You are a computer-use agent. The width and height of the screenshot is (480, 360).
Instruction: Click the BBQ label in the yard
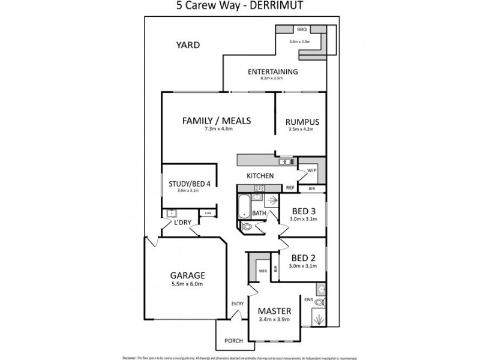(302, 29)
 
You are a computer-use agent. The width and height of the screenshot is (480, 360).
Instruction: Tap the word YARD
(187, 45)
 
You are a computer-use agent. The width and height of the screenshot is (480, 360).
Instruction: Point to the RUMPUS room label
(302, 123)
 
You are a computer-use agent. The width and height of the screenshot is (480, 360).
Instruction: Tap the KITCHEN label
(260, 176)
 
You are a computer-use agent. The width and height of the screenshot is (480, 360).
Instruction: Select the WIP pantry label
(311, 170)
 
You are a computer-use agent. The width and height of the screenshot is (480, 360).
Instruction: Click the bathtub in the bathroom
(245, 207)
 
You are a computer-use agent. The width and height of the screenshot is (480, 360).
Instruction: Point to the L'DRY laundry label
(182, 223)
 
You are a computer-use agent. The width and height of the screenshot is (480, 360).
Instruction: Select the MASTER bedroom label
(274, 311)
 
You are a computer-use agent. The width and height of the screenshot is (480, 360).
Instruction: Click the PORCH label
(233, 341)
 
